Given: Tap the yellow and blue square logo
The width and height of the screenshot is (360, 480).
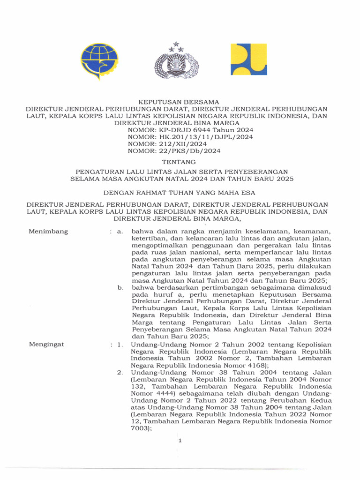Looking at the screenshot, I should pos(248,60).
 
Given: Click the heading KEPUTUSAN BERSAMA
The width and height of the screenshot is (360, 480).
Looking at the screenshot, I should pos(177,102).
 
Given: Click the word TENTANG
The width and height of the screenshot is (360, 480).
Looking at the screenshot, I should pos(177,162).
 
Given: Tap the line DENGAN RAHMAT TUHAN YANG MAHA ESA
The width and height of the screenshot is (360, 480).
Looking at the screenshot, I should pos(180,192).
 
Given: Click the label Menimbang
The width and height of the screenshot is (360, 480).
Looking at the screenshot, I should pos(48,231).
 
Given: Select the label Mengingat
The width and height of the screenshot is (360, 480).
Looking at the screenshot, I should pos(47,344).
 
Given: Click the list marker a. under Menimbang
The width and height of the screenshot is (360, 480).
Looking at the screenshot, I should pos(120,232).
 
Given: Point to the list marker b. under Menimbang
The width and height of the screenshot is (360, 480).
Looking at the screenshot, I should pos(120,287).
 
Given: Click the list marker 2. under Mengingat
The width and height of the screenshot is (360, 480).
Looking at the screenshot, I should pos(120,373).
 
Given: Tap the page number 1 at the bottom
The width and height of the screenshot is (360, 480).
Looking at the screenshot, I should pos(180,440).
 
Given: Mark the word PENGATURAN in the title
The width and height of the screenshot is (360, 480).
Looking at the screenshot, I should pos(99,172).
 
